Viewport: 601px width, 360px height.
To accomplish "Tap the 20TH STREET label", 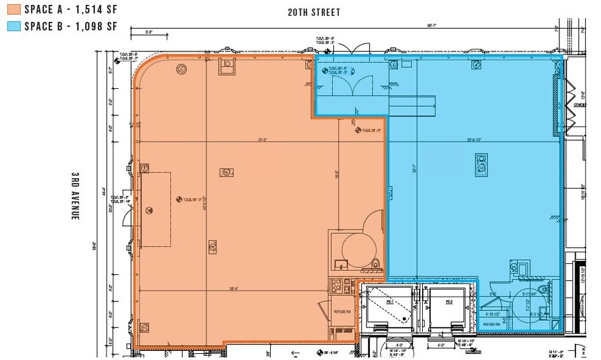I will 314,12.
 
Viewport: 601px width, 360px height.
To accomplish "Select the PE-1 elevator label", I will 390,302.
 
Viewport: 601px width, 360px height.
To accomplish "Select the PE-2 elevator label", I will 448,302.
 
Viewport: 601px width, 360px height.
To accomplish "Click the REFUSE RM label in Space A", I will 341,312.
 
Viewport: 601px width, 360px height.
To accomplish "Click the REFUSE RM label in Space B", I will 492,324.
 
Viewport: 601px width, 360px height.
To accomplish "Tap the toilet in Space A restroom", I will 375,264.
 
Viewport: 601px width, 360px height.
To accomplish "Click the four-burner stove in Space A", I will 335,285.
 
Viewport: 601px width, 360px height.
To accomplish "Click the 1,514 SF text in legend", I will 93,10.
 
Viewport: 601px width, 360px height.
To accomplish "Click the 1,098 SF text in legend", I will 93,26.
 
